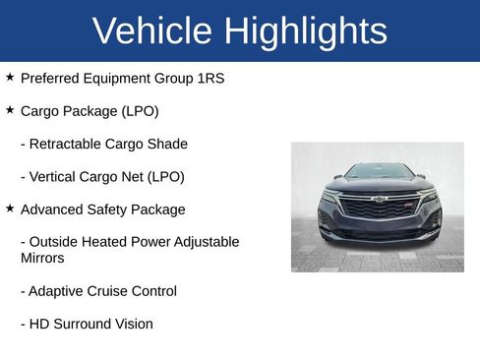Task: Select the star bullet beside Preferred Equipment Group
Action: coord(10,77)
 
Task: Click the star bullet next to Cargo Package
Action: coord(10,110)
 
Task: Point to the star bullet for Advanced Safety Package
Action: coord(10,209)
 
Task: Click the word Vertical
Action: coord(57,177)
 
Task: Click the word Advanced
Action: coord(54,210)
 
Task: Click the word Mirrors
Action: coord(42,258)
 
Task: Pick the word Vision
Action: coord(132,324)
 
